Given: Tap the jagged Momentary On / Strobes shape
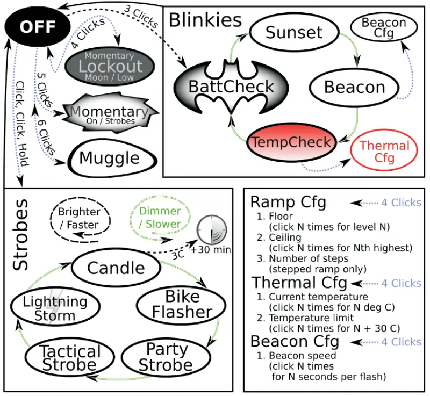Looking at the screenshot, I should (110, 113).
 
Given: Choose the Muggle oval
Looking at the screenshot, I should (110, 157).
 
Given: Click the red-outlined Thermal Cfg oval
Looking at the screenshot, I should (384, 152).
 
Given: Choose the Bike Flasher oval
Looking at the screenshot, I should (181, 305).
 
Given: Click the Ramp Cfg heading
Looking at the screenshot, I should (288, 203).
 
